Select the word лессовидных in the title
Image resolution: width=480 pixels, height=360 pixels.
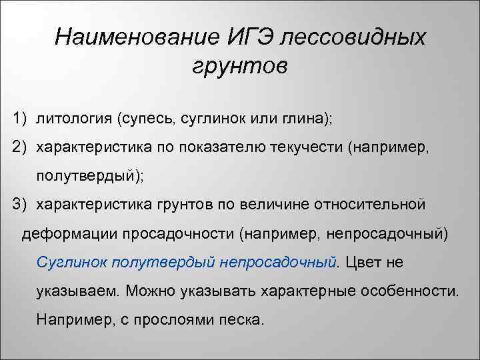(x=353, y=37)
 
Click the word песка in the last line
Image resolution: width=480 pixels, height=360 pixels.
(x=243, y=320)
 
